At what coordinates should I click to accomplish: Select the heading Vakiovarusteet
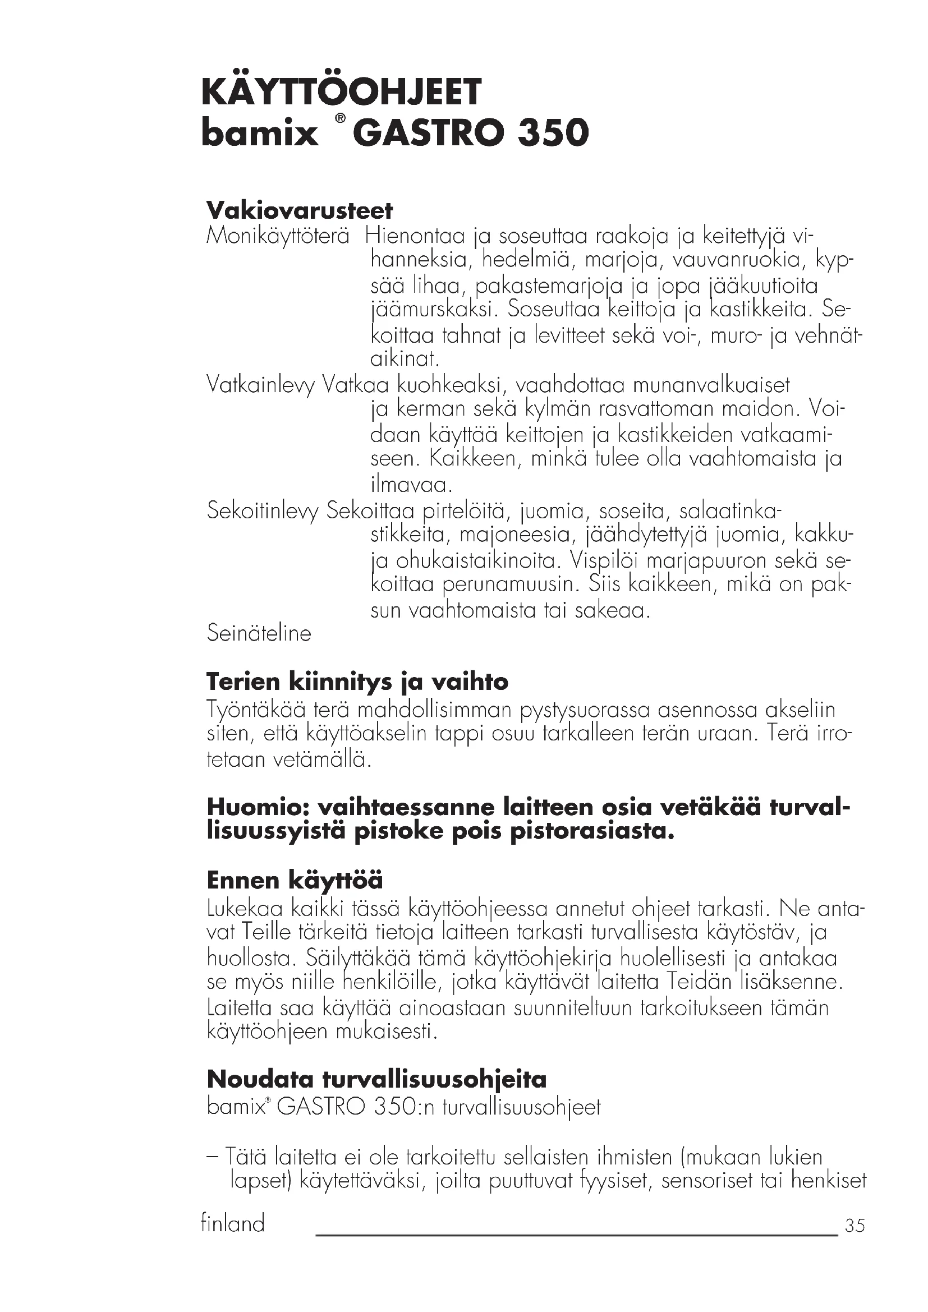[300, 210]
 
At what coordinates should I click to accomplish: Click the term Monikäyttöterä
[278, 236]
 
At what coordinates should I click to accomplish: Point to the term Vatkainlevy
[260, 386]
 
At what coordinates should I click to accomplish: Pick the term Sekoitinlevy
[263, 510]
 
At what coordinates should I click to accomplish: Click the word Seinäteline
[259, 633]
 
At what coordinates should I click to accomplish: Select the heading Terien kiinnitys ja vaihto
[357, 681]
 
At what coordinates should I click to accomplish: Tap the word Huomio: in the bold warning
[257, 807]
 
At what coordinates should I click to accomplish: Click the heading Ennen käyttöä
[295, 880]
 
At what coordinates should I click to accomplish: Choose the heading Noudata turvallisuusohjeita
[376, 1079]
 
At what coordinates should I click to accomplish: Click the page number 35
[855, 1226]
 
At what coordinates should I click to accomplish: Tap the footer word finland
[233, 1223]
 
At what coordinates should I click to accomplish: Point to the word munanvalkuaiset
[711, 385]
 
